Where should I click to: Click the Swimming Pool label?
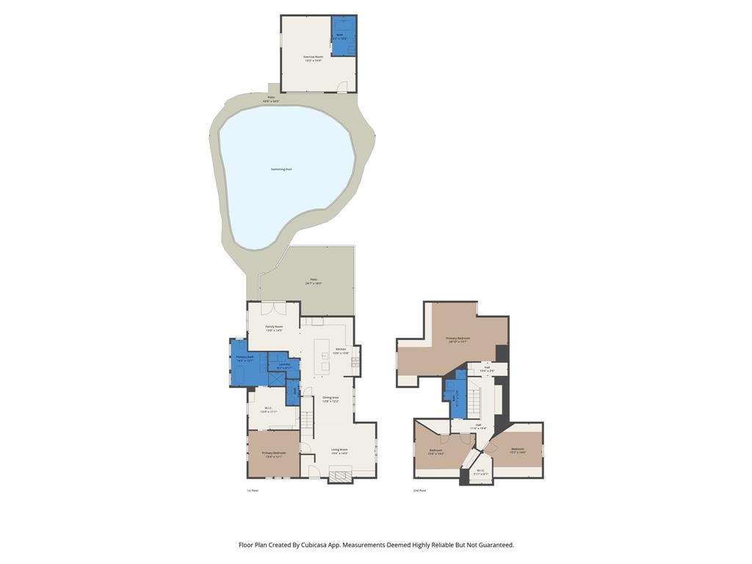281,170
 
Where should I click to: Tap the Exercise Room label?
314,58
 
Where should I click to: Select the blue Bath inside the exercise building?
343,36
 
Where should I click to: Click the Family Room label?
274,328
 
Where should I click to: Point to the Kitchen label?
341,350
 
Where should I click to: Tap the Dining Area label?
330,399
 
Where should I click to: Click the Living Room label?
339,451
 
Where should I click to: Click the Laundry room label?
284,365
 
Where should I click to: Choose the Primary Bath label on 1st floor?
245,358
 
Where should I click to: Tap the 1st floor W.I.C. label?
269,410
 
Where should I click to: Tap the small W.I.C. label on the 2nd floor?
480,472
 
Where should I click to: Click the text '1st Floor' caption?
253,490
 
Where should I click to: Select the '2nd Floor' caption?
419,490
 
